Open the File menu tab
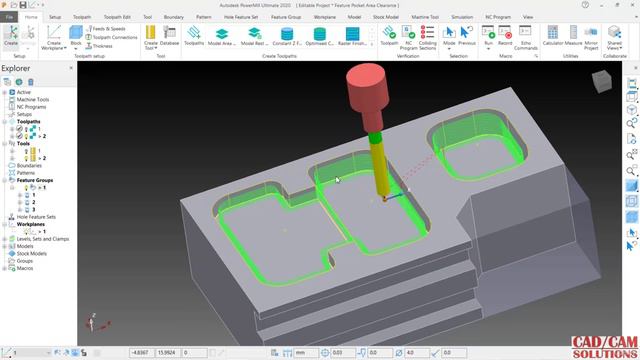pyautogui.click(x=8, y=17)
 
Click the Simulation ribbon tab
pyautogui.click(x=461, y=17)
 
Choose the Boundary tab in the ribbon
pyautogui.click(x=175, y=17)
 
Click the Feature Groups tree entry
pyautogui.click(x=36, y=180)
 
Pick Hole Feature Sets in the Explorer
pyautogui.click(x=36, y=216)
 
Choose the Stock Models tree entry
pyautogui.click(x=33, y=254)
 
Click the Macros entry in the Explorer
pyautogui.click(x=25, y=268)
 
